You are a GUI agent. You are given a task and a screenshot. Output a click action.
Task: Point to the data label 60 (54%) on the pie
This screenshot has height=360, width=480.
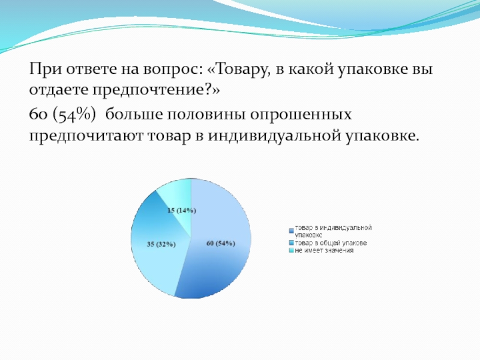point(221,244)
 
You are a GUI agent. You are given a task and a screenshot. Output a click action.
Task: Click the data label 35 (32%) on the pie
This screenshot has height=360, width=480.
point(161,244)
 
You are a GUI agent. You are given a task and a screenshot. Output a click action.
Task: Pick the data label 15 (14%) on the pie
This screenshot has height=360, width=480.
point(182,211)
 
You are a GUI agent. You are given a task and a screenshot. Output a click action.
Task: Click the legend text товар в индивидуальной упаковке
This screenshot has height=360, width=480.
point(333,232)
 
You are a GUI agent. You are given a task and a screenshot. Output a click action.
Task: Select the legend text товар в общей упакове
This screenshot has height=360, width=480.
point(331,243)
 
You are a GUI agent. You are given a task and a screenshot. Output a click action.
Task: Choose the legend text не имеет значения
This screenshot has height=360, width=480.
point(324,250)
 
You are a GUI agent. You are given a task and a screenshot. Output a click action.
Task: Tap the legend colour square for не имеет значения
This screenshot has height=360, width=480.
point(291,251)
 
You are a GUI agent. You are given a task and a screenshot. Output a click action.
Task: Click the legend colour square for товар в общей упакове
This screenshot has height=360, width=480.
point(291,243)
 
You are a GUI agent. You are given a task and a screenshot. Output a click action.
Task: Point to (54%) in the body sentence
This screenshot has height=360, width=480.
point(74,115)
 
